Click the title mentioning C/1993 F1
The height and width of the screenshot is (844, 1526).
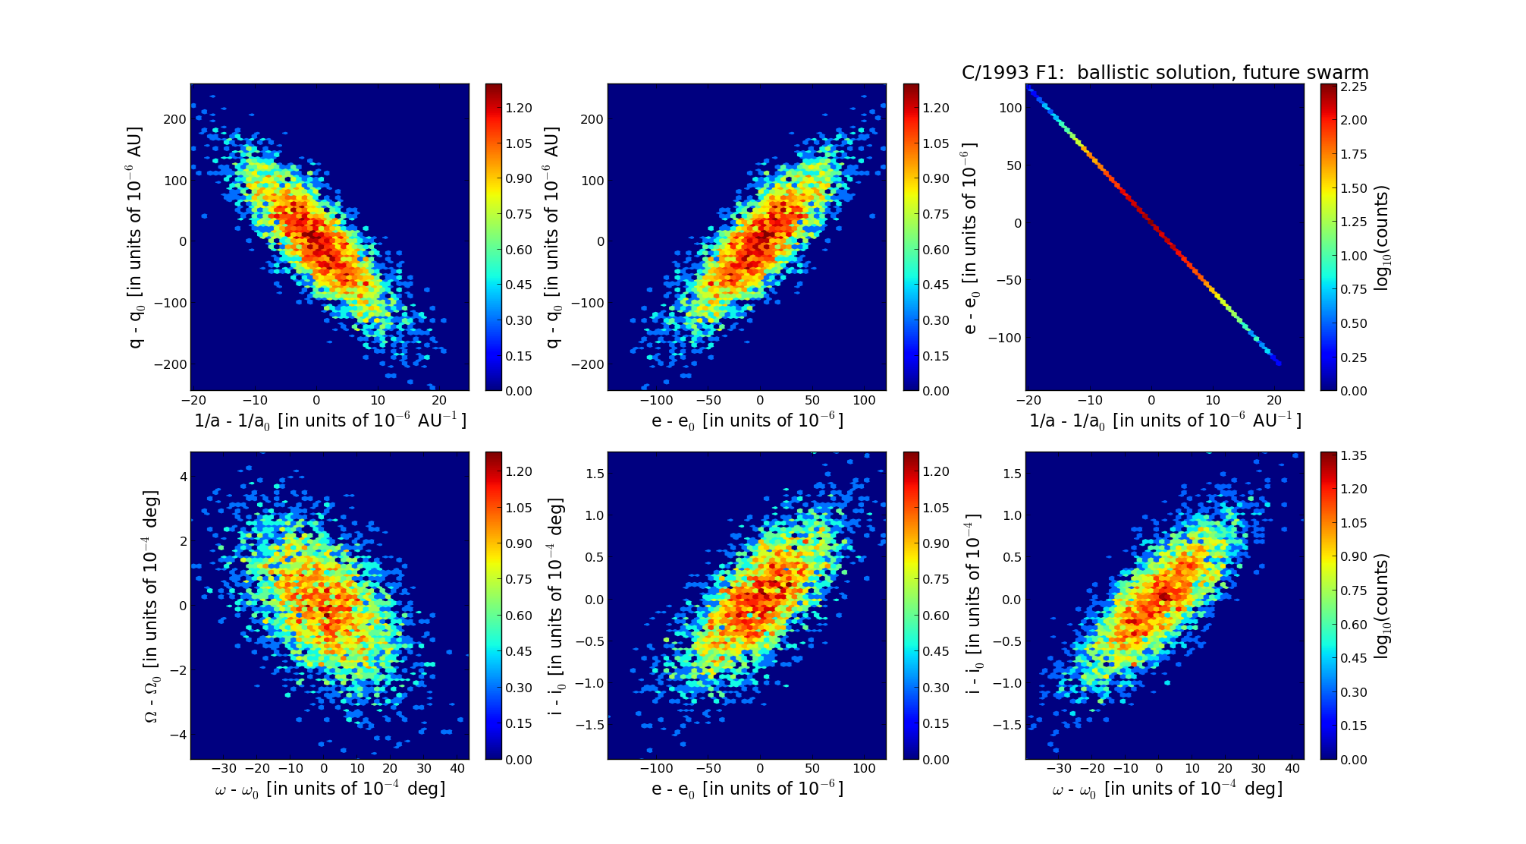1165,73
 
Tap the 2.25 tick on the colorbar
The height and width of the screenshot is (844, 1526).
1354,87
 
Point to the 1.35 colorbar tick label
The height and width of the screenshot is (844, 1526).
1354,455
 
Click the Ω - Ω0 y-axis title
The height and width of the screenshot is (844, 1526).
152,606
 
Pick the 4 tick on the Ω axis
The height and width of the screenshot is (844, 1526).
183,477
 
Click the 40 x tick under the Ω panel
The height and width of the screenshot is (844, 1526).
457,768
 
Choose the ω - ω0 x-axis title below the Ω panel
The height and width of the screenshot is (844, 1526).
330,789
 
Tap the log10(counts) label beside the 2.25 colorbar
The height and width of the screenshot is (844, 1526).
1382,238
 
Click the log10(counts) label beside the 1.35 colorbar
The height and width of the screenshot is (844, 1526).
1382,606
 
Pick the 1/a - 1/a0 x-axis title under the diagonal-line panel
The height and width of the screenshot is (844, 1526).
1165,420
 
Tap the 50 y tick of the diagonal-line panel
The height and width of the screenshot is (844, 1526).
1013,165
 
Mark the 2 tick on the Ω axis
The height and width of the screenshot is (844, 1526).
183,541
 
